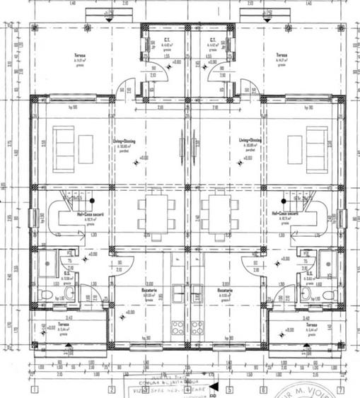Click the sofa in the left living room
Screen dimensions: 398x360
(x=64, y=145)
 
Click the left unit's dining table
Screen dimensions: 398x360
(x=156, y=211)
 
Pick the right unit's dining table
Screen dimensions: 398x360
(x=216, y=211)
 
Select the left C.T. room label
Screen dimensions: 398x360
(x=166, y=40)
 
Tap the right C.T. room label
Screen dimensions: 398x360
(x=212, y=40)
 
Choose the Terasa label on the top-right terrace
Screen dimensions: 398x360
(x=281, y=55)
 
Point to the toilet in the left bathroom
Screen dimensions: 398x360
(x=47, y=294)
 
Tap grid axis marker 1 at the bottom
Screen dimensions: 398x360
(x=34, y=390)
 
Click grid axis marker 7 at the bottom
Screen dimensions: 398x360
(x=340, y=390)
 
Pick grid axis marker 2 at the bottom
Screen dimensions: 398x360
(x=111, y=390)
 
